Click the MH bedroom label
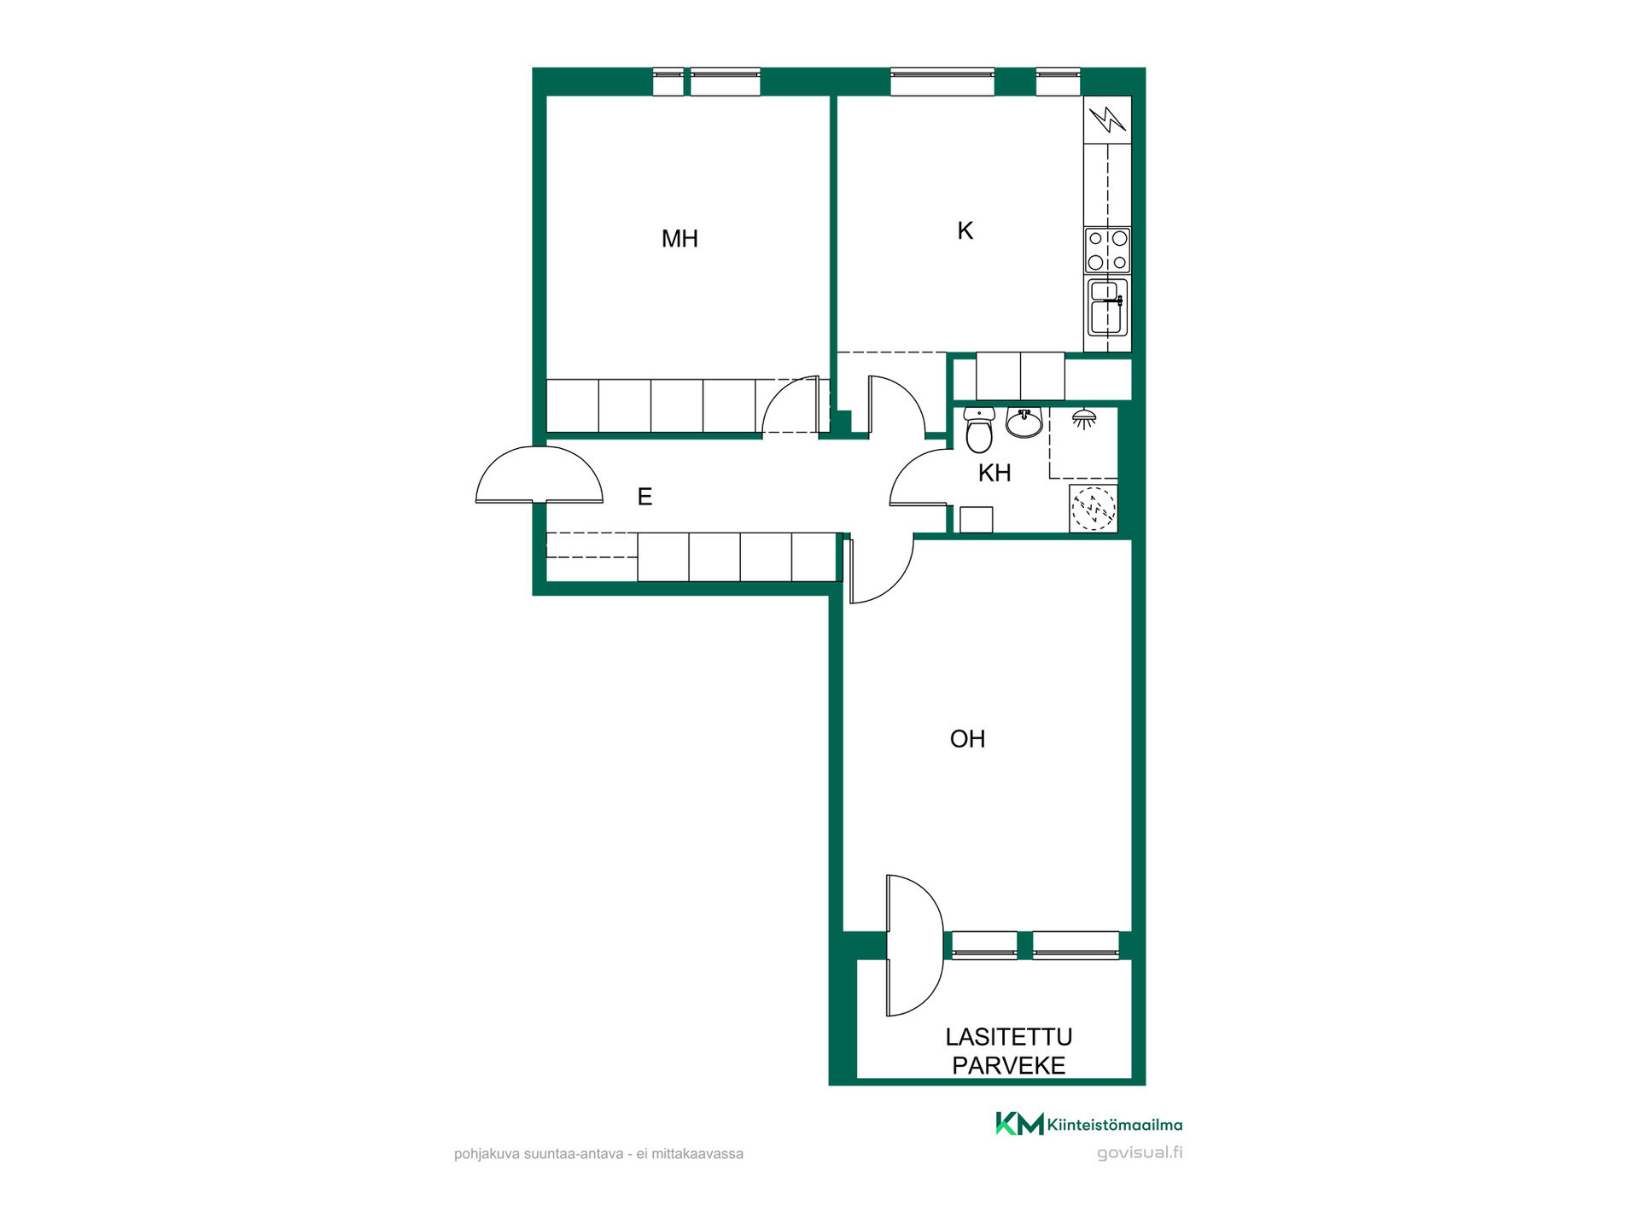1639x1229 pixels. (x=680, y=239)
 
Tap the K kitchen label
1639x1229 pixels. (x=965, y=230)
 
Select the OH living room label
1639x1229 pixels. (x=967, y=739)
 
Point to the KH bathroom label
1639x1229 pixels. (x=994, y=473)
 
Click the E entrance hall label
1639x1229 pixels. (x=645, y=497)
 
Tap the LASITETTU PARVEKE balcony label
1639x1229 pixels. (x=1009, y=1051)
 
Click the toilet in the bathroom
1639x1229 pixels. (x=978, y=430)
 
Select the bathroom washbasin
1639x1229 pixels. (x=1024, y=422)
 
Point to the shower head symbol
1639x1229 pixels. (x=1084, y=418)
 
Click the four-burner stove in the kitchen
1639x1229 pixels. (x=1107, y=250)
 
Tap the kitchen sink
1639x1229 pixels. (x=1107, y=307)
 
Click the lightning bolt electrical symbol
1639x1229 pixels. (x=1108, y=119)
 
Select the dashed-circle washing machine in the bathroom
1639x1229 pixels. (x=1094, y=509)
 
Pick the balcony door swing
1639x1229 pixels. (x=915, y=946)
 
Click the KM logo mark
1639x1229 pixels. (x=1019, y=1124)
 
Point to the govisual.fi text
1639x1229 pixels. (x=1140, y=1153)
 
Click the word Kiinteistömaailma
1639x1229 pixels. (x=1115, y=1125)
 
